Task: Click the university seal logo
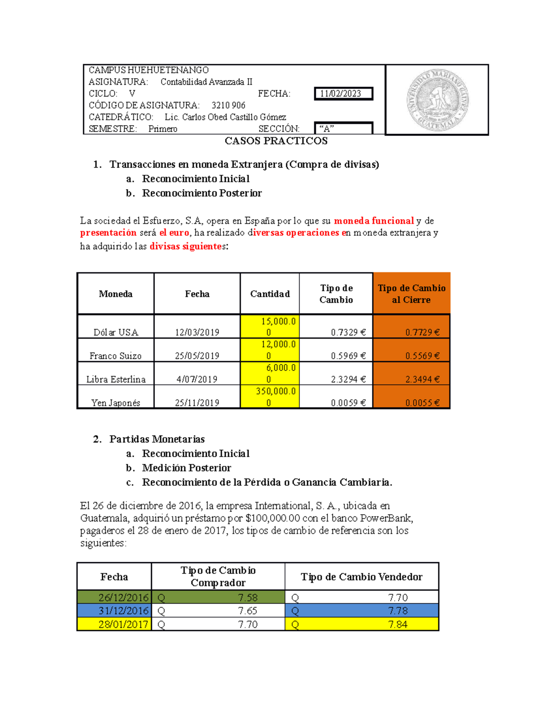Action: click(438, 100)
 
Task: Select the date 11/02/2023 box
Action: click(343, 94)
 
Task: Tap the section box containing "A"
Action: click(343, 129)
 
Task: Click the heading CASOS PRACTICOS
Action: click(276, 141)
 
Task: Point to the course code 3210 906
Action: click(228, 105)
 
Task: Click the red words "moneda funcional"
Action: click(374, 221)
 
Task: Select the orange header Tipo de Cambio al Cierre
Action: click(412, 294)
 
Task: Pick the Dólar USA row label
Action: click(116, 332)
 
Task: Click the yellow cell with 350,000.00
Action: click(270, 397)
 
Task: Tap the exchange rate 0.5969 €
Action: click(348, 356)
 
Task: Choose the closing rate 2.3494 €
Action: click(422, 380)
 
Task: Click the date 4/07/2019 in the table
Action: click(197, 380)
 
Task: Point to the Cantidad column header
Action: click(270, 294)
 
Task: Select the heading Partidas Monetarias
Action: click(157, 439)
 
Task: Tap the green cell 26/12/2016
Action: click(123, 597)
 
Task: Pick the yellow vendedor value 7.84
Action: click(398, 625)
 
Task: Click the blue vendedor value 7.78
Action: click(398, 611)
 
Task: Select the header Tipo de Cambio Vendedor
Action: click(361, 577)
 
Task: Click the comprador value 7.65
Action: click(247, 611)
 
